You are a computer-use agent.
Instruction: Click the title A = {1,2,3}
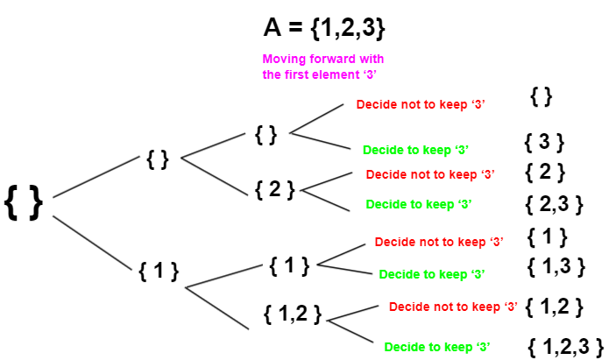tap(324, 27)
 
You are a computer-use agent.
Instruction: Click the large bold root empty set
tap(24, 202)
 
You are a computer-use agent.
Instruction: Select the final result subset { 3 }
tap(544, 142)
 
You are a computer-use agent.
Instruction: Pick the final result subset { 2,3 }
tap(554, 204)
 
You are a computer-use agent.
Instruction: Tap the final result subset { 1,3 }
tap(556, 267)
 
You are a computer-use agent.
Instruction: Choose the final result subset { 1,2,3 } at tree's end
tap(565, 347)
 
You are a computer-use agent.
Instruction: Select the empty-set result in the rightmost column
tap(542, 96)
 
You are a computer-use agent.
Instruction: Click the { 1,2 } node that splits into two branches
tap(293, 314)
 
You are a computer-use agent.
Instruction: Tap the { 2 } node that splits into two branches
tap(274, 189)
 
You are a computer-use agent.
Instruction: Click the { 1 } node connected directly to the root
tap(159, 271)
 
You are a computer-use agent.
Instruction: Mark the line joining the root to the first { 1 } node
tap(92, 243)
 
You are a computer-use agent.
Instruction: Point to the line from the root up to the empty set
tap(96, 177)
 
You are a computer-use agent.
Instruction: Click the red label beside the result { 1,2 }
tap(453, 307)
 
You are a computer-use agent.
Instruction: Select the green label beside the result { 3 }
tap(415, 150)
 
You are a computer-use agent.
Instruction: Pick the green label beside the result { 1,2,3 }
tap(437, 347)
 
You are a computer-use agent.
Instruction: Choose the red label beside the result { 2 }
tap(430, 174)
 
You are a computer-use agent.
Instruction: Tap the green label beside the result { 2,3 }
tap(419, 204)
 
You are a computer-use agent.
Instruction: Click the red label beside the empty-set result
tap(421, 104)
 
